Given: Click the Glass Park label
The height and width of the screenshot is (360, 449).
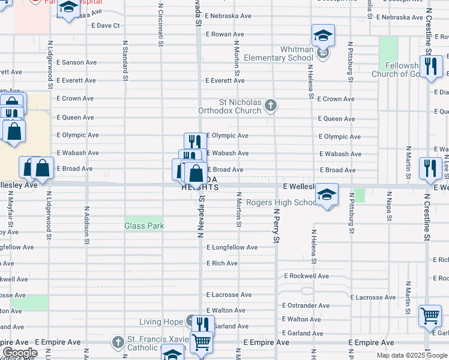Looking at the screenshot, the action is (x=144, y=226).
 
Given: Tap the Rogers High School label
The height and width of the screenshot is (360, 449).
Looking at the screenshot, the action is (x=281, y=203).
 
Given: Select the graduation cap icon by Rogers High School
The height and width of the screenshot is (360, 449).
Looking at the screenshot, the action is (x=327, y=194).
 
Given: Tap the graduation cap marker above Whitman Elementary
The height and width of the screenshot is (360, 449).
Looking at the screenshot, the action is (x=322, y=35).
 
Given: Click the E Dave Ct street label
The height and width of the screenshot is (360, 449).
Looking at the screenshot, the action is (x=106, y=26).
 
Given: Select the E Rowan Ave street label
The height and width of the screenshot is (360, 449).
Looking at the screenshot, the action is (x=224, y=34).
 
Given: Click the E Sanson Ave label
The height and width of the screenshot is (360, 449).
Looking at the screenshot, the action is (x=76, y=62).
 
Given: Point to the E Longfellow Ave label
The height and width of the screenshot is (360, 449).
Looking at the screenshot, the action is (x=232, y=247).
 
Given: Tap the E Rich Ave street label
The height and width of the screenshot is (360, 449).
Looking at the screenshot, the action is (x=222, y=263).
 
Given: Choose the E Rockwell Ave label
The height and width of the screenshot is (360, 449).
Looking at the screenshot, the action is (x=306, y=276).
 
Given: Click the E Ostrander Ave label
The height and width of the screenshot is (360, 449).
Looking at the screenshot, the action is (x=306, y=305).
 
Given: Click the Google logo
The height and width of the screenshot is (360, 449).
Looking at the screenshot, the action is (x=20, y=353).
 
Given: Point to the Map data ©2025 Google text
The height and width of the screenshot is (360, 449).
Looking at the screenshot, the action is (x=411, y=355).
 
